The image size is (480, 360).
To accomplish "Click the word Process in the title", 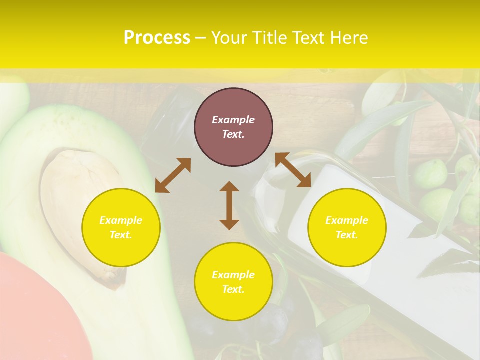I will click(x=157, y=38).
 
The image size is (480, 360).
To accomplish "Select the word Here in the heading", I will click(x=348, y=38).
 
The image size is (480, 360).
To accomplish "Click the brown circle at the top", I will click(x=233, y=127).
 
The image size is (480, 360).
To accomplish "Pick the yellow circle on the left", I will click(x=121, y=227).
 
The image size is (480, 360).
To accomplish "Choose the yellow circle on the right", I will click(x=347, y=227).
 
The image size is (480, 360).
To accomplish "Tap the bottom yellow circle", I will click(x=233, y=282).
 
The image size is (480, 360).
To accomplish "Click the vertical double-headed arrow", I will click(x=229, y=205).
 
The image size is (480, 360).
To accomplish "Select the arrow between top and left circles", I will click(x=173, y=175).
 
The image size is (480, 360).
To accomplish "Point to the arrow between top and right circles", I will click(x=293, y=170).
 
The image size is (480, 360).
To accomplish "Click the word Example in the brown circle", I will click(x=233, y=120).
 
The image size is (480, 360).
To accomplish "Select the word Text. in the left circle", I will click(x=121, y=235).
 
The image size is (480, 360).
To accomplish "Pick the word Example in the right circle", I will click(x=347, y=220).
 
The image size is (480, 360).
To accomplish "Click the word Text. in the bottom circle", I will click(x=233, y=289).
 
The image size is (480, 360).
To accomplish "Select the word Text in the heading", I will click(x=308, y=38).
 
